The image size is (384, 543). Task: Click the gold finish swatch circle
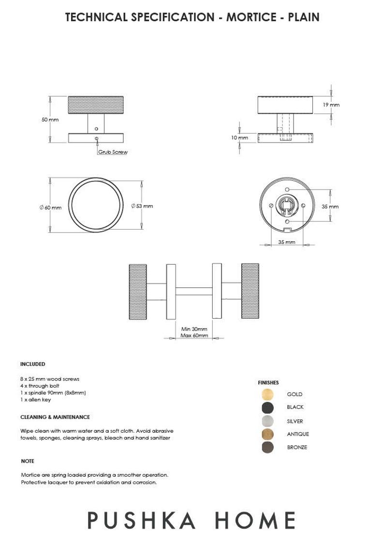267,394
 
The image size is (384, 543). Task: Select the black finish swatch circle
267,407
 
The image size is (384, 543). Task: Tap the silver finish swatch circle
267,421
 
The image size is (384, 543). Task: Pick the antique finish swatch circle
267,434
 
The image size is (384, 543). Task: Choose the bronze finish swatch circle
267,447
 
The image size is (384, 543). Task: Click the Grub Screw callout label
113,152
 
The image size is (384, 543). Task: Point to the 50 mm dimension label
50,119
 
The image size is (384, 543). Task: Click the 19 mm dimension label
331,105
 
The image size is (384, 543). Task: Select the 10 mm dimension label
239,138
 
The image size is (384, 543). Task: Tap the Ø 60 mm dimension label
50,207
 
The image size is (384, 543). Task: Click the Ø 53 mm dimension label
142,206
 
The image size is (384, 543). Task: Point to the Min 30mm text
194,329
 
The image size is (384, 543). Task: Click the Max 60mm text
194,335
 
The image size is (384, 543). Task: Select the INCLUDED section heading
33,364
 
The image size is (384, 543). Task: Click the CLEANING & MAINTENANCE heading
55,417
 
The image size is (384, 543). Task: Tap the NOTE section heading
28,461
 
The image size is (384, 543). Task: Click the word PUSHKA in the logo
142,520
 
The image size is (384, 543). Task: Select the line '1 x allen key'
35,400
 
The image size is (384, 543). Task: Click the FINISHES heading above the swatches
268,382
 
